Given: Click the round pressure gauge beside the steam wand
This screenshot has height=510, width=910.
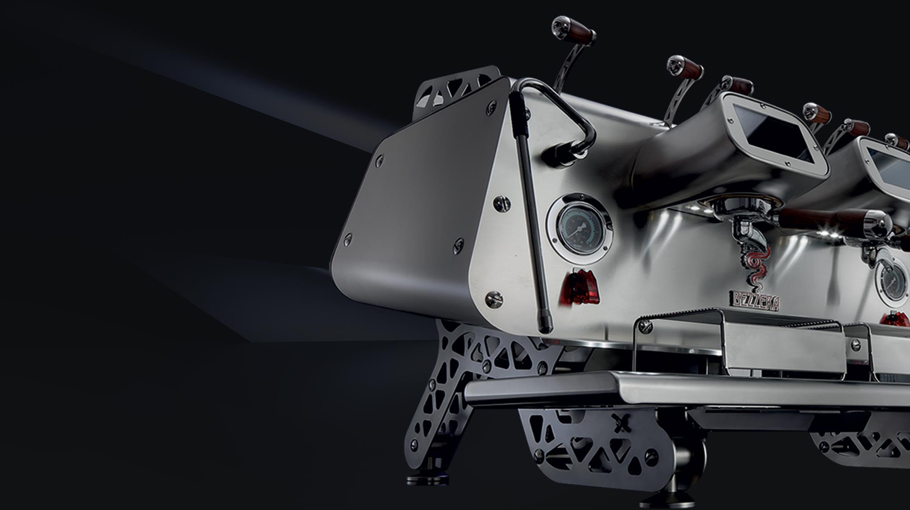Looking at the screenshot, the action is click(580, 228).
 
